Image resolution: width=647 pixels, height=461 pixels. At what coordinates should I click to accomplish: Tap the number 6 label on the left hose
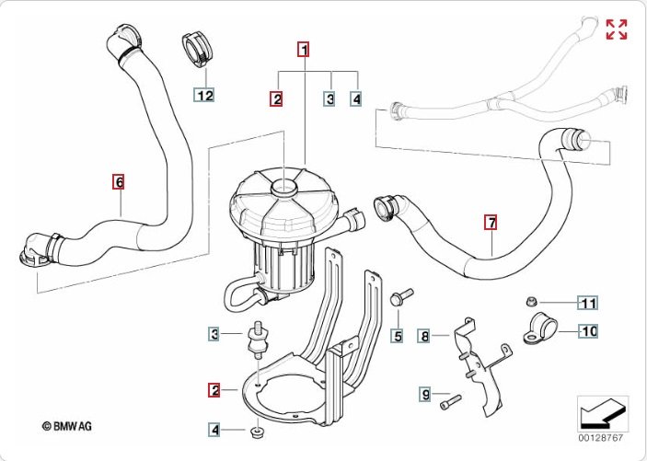pyautogui.click(x=118, y=181)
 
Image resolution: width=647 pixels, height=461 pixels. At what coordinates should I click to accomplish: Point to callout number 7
pyautogui.click(x=491, y=222)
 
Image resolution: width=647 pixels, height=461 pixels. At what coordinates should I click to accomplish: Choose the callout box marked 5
pyautogui.click(x=398, y=337)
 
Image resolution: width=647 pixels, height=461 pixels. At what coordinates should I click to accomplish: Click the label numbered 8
pyautogui.click(x=424, y=337)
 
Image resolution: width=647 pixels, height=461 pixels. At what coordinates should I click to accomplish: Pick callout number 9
pyautogui.click(x=425, y=395)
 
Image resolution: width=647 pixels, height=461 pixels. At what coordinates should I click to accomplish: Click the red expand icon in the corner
pyautogui.click(x=617, y=29)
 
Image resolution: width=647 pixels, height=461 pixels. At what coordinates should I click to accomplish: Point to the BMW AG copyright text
pyautogui.click(x=67, y=425)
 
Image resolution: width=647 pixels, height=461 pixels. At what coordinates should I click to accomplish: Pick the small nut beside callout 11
pyautogui.click(x=532, y=301)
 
